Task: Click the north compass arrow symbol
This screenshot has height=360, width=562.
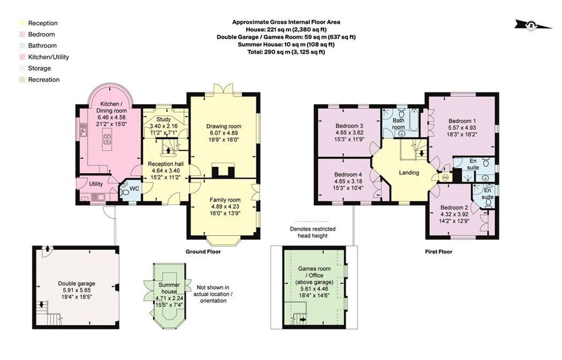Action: [532, 25]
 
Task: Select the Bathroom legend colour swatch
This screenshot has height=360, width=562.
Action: [22, 46]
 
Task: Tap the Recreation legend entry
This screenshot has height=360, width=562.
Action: [44, 80]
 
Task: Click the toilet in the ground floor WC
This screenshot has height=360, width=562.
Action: [124, 191]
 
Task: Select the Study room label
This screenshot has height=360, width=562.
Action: [163, 119]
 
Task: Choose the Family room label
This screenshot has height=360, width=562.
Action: [225, 200]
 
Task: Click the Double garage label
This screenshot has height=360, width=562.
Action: [76, 283]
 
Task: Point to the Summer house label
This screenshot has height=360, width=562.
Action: [169, 288]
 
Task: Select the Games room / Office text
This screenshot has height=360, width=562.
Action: [314, 275]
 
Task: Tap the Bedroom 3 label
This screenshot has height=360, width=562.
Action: [349, 126]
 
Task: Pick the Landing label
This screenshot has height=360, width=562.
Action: [408, 173]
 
